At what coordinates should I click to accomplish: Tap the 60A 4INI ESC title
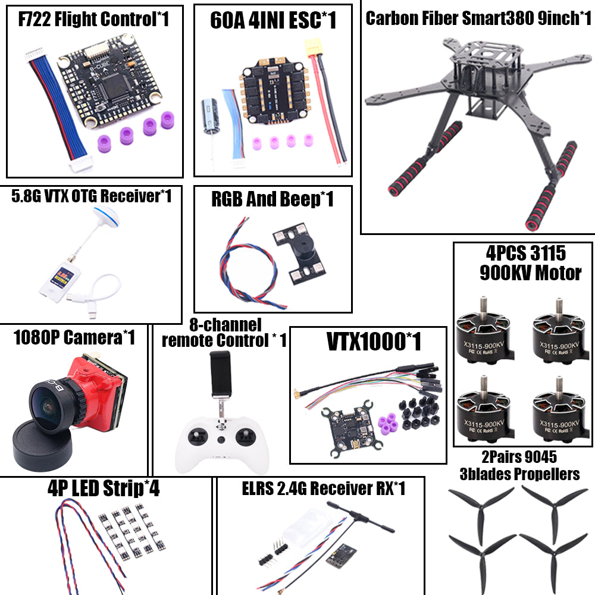[x=273, y=21]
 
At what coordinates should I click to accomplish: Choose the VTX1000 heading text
[x=374, y=342]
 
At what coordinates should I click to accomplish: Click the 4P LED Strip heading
[x=104, y=489]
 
